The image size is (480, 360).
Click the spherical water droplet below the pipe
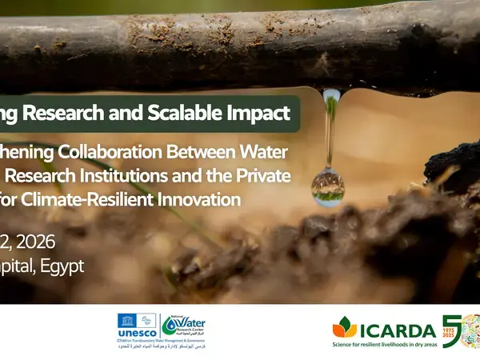[x=328, y=187]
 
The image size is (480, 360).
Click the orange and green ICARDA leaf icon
[x=345, y=327]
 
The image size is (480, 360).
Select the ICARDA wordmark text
[x=398, y=330]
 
